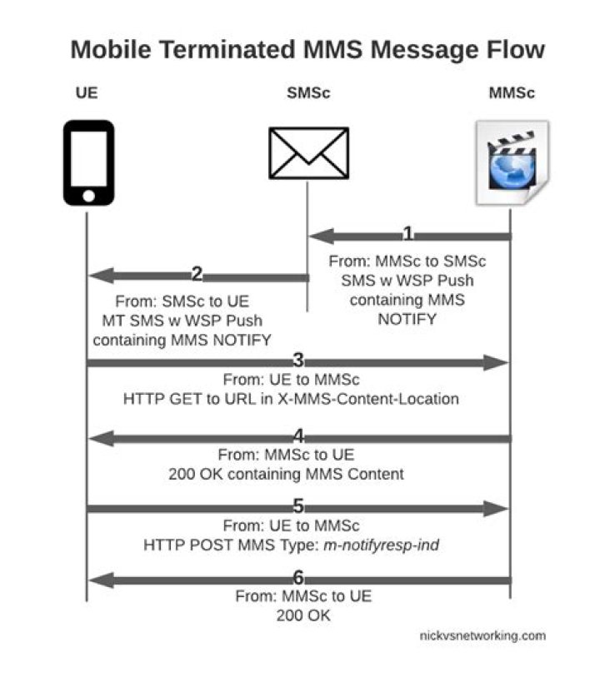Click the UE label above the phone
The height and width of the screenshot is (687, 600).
(87, 93)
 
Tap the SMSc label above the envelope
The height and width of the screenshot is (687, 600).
(308, 93)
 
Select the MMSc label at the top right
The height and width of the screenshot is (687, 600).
(512, 93)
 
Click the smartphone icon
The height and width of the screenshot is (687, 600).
(88, 162)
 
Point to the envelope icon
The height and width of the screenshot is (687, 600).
(309, 153)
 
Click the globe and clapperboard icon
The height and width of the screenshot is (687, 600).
(512, 162)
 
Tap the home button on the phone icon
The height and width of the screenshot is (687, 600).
(88, 196)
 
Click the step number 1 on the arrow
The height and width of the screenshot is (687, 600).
(407, 233)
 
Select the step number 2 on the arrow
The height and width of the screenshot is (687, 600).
(197, 274)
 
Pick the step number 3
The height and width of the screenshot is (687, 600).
(298, 360)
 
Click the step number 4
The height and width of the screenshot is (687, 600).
(298, 436)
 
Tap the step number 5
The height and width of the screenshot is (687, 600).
(298, 506)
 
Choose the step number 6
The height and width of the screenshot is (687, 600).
(298, 577)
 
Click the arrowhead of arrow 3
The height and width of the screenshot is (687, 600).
(496, 362)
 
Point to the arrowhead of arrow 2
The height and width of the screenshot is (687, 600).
(102, 276)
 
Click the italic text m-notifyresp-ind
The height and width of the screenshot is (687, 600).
(381, 545)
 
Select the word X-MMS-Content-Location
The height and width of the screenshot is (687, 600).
(368, 399)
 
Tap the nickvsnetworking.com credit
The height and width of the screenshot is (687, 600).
(482, 635)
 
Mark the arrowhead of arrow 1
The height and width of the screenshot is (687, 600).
(322, 236)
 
